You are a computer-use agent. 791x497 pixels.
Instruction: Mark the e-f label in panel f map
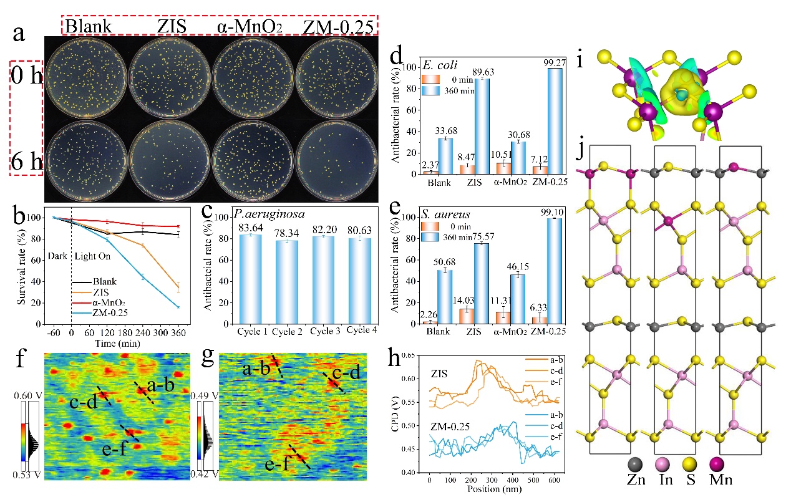tap(114, 448)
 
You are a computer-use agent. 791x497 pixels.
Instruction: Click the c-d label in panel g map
tap(346, 373)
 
